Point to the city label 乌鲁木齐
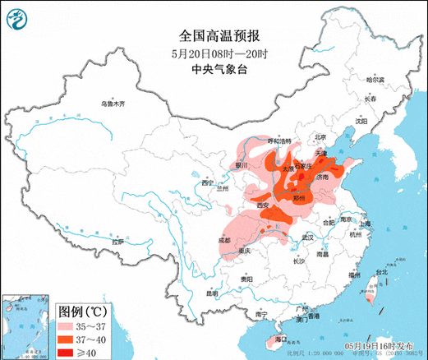click(114, 104)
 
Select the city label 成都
click(224, 239)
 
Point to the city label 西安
click(262, 204)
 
